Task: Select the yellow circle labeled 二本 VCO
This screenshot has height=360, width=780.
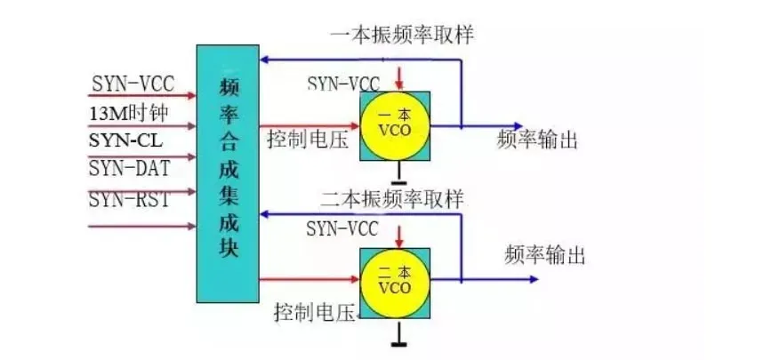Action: pyautogui.click(x=394, y=282)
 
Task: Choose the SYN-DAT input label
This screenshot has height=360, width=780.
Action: pyautogui.click(x=129, y=168)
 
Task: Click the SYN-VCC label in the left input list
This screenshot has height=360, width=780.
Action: pyautogui.click(x=133, y=85)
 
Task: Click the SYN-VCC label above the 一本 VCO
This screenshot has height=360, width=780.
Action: pyautogui.click(x=343, y=84)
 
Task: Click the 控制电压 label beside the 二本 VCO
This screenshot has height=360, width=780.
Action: pyautogui.click(x=315, y=313)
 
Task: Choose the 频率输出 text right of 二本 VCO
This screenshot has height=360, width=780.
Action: pyautogui.click(x=545, y=256)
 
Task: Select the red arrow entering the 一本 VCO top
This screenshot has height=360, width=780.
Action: pyautogui.click(x=401, y=76)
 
